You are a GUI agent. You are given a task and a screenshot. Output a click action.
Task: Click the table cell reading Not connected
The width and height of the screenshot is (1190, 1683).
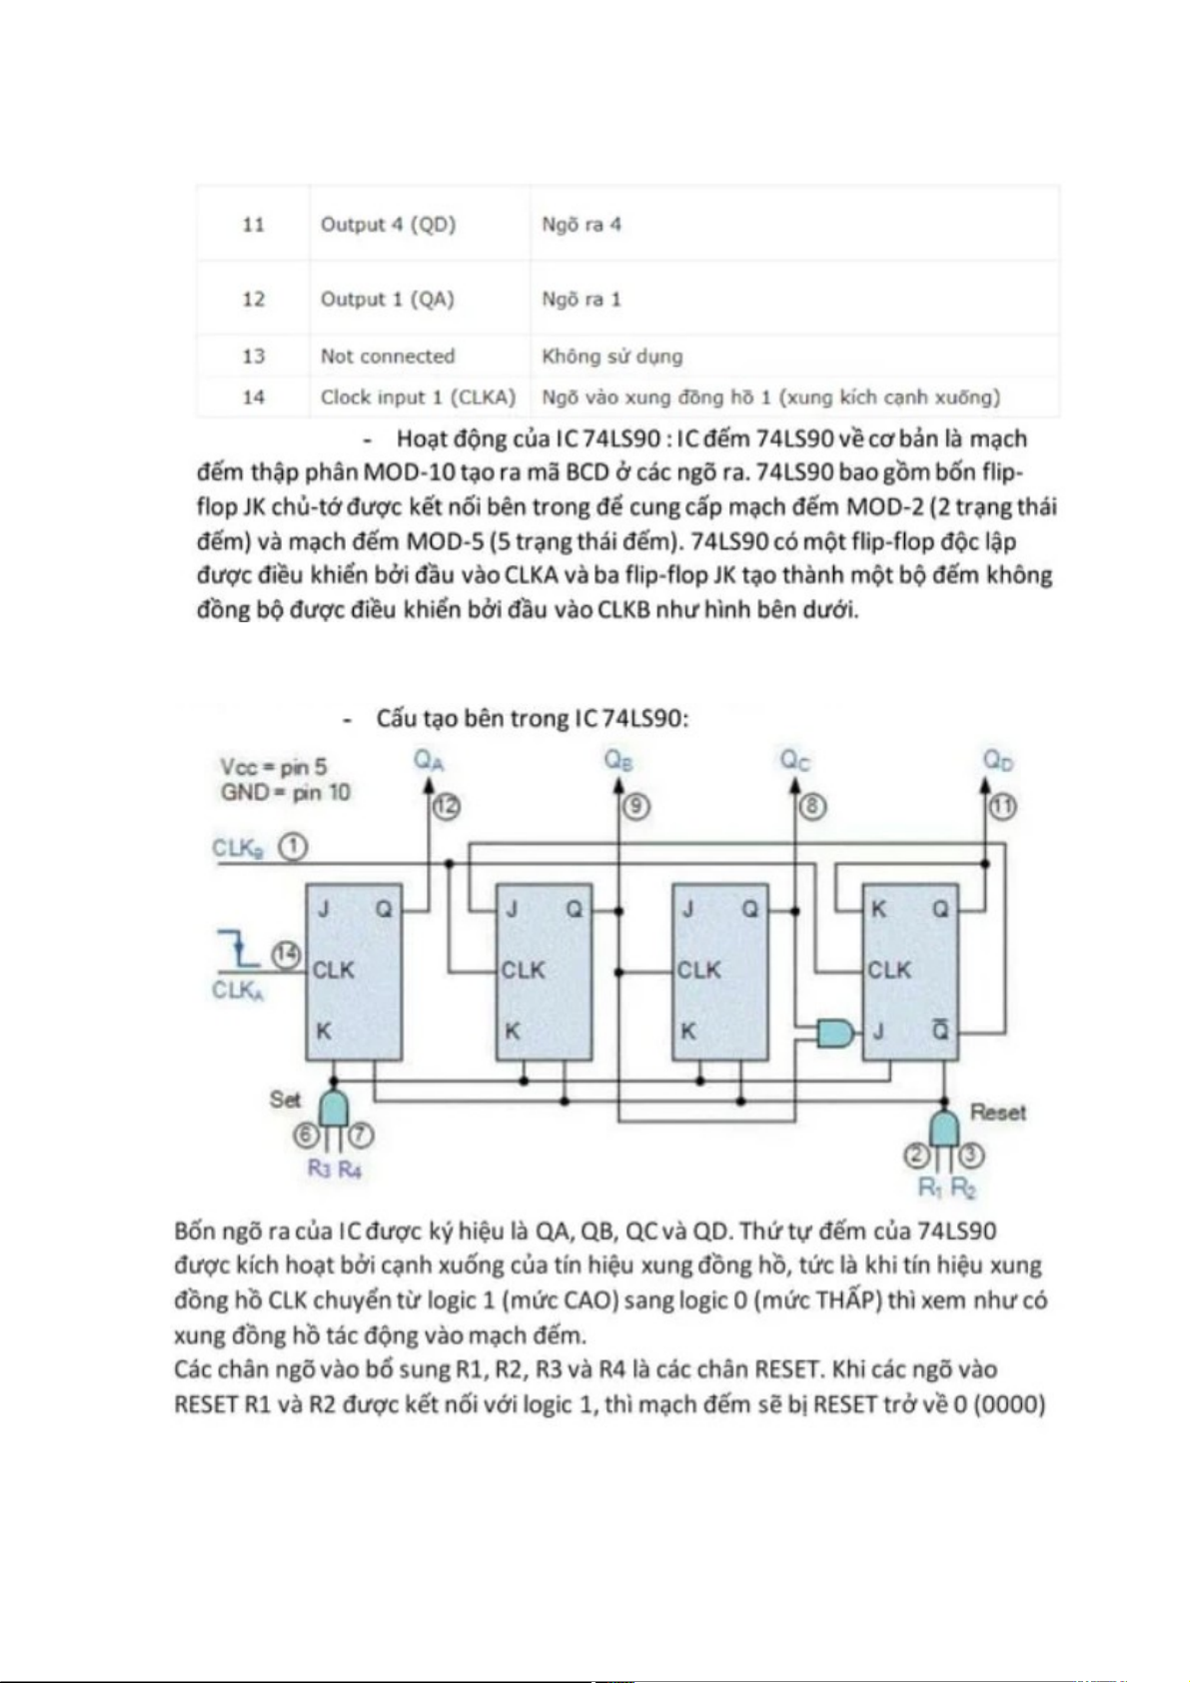coord(387,357)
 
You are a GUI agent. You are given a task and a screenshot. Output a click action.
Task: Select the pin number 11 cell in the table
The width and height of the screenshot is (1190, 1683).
coord(253,225)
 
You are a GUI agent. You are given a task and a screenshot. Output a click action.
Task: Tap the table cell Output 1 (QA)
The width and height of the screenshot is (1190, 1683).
coord(387,300)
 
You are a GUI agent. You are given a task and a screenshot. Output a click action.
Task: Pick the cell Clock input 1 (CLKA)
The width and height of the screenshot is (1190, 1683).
coord(418,398)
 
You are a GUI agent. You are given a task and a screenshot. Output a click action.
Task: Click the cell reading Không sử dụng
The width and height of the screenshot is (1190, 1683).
coord(611,357)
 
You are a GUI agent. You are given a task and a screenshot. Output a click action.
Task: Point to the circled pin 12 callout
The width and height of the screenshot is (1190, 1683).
coord(447,806)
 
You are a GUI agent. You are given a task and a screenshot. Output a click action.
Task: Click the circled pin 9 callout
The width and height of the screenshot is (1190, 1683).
coord(635,806)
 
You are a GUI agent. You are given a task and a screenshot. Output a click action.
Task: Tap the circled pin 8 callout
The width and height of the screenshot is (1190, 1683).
coord(812,806)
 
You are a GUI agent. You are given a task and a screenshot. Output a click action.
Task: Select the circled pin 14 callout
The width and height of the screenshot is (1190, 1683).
coord(287,955)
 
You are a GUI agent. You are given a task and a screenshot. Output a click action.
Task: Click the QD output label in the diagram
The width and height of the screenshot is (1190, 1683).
coord(998,761)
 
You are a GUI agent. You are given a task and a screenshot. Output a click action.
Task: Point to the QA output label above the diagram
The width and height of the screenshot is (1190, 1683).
coord(429,761)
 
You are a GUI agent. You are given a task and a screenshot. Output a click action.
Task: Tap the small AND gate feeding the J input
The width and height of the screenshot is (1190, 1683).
coord(835,1032)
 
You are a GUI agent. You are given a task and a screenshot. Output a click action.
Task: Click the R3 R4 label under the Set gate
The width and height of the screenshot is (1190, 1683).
coord(334,1169)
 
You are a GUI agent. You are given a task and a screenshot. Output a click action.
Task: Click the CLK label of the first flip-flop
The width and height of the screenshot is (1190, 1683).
coord(333,970)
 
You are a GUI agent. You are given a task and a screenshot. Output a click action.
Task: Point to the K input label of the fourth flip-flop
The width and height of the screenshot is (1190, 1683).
coord(879,909)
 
